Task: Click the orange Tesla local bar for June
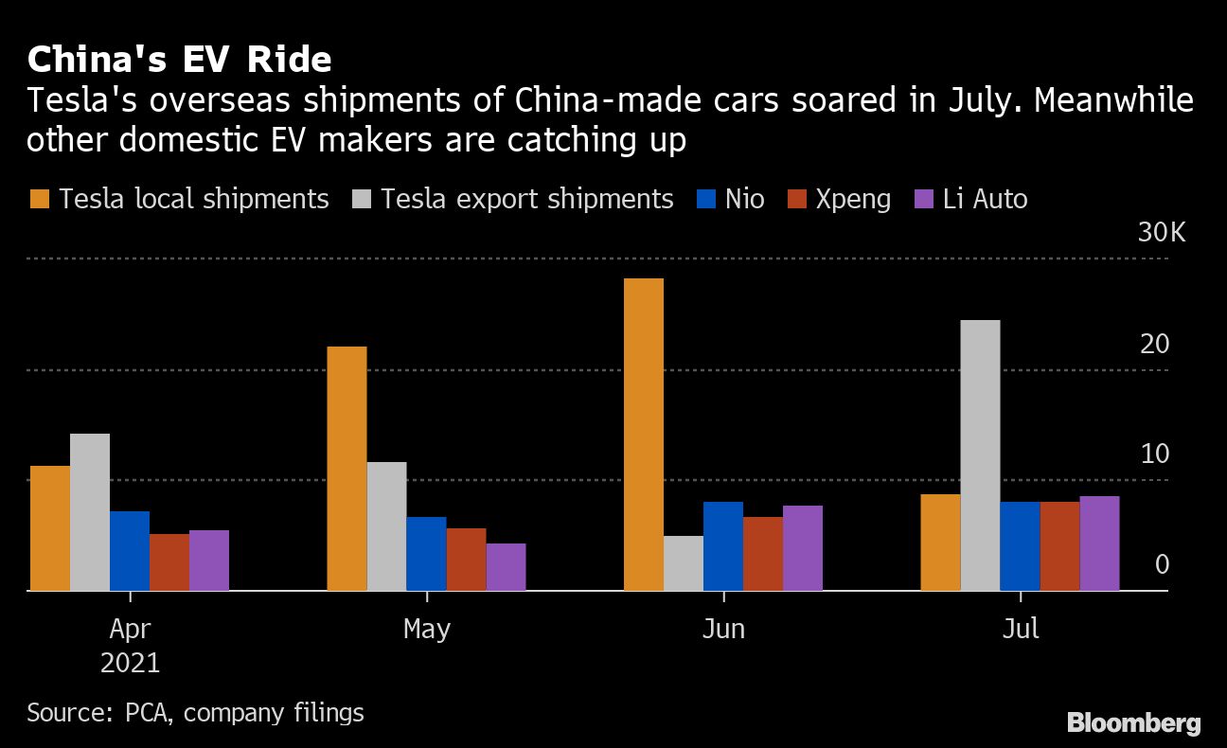tap(644, 435)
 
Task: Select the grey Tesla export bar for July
tap(980, 455)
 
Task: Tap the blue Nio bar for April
tap(130, 551)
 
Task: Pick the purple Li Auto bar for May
tap(506, 567)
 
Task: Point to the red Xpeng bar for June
tap(763, 554)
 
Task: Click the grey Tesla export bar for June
tap(684, 563)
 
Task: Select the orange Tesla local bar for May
tap(347, 469)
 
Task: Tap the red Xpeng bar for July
tap(1059, 546)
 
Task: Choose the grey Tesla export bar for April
tap(90, 512)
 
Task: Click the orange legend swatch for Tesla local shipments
tap(39, 200)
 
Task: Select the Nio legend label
tap(745, 200)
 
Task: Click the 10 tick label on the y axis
tap(1155, 454)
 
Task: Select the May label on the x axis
tap(427, 629)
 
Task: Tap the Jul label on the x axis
tap(1021, 629)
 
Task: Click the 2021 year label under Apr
tap(130, 662)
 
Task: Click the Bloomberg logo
tap(1134, 723)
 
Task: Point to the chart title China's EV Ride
tap(180, 60)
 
